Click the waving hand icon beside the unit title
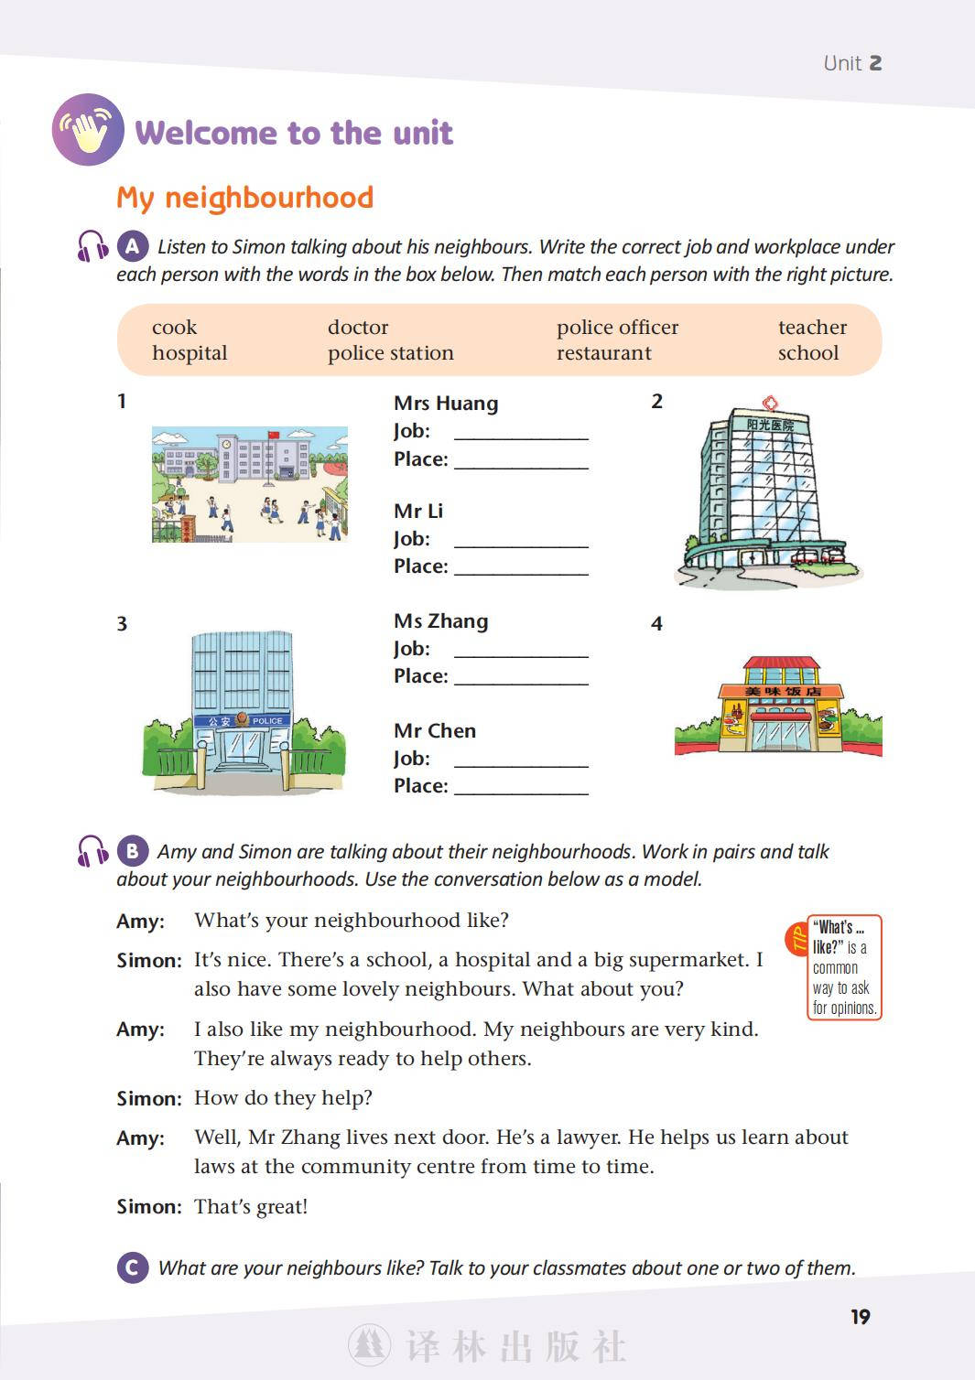(88, 130)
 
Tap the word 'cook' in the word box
(174, 328)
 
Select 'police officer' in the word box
(617, 328)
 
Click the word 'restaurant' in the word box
(603, 353)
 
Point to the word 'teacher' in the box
(812, 328)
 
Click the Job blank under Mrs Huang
(521, 432)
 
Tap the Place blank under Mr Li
(521, 567)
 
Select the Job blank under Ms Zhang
(521, 650)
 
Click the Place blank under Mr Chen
(521, 787)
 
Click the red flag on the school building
(274, 434)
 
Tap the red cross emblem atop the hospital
(770, 403)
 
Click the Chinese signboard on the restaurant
(782, 691)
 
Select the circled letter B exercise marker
(133, 851)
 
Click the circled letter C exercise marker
(133, 1267)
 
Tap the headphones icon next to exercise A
(92, 246)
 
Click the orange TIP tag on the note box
(796, 939)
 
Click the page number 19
(861, 1317)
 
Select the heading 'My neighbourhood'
(244, 198)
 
